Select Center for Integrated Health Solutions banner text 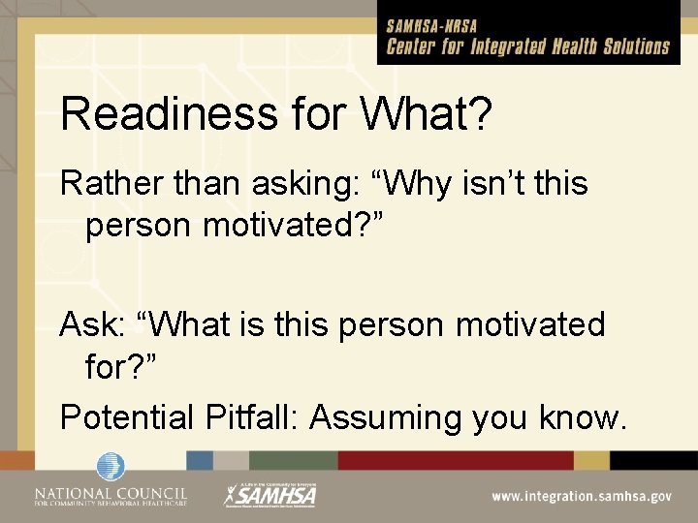click(x=528, y=46)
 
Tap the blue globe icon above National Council click(x=111, y=467)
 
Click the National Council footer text click(x=111, y=496)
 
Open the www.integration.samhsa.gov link click(x=581, y=497)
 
